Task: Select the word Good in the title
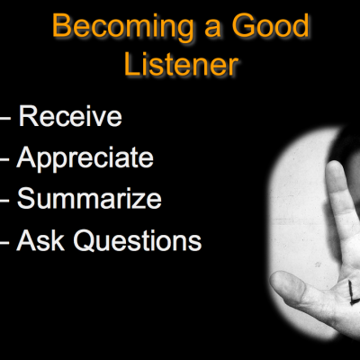tap(271, 25)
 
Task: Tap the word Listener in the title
tap(182, 64)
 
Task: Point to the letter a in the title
tap(213, 29)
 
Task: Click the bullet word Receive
tap(70, 116)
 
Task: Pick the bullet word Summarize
tap(89, 198)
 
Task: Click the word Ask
tap(40, 240)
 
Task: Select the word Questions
tap(138, 240)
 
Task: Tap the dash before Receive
tap(5, 118)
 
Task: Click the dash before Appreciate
tap(4, 159)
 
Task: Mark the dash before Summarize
tap(4, 200)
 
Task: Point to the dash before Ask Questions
tap(4, 242)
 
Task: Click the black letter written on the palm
tap(354, 291)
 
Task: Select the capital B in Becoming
tap(62, 26)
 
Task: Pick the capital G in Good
tap(243, 26)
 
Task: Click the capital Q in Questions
tap(85, 240)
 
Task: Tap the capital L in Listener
tap(131, 64)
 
